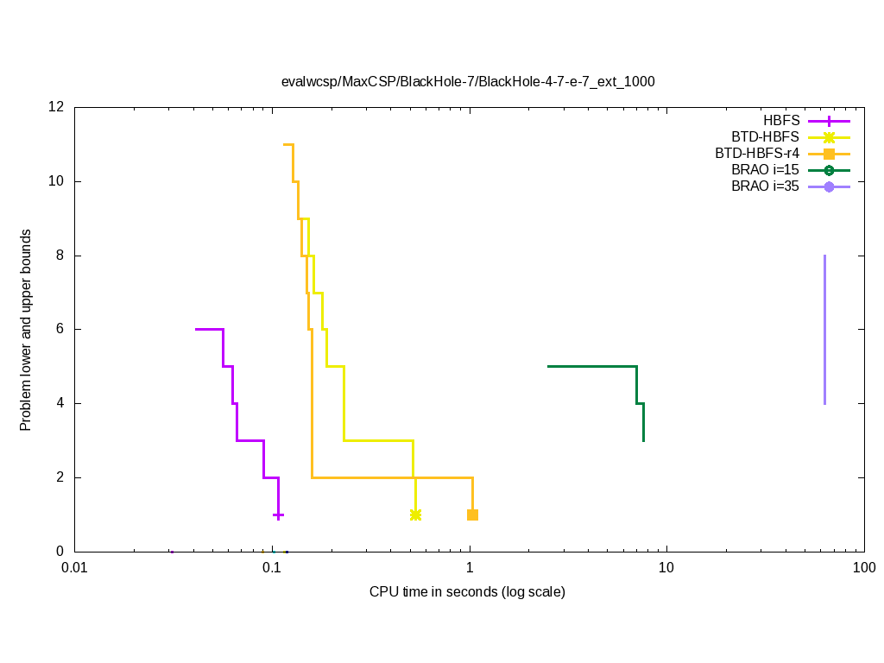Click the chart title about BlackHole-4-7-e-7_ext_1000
[x=468, y=82]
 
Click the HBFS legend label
[x=781, y=121]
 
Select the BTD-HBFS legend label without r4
[x=765, y=137]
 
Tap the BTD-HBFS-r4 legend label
[x=757, y=154]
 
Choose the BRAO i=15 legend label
[x=765, y=170]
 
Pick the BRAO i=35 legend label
[x=765, y=186]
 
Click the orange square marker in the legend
[x=829, y=154]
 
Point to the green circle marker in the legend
[x=829, y=170]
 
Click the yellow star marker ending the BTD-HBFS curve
[x=415, y=515]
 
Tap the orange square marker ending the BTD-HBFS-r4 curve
[x=472, y=515]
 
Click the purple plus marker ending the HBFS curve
[x=278, y=515]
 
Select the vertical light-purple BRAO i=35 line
[x=824, y=329]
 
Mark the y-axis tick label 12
[x=57, y=108]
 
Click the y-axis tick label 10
[x=57, y=182]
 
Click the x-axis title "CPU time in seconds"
[x=467, y=592]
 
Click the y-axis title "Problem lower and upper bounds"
[x=26, y=330]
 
